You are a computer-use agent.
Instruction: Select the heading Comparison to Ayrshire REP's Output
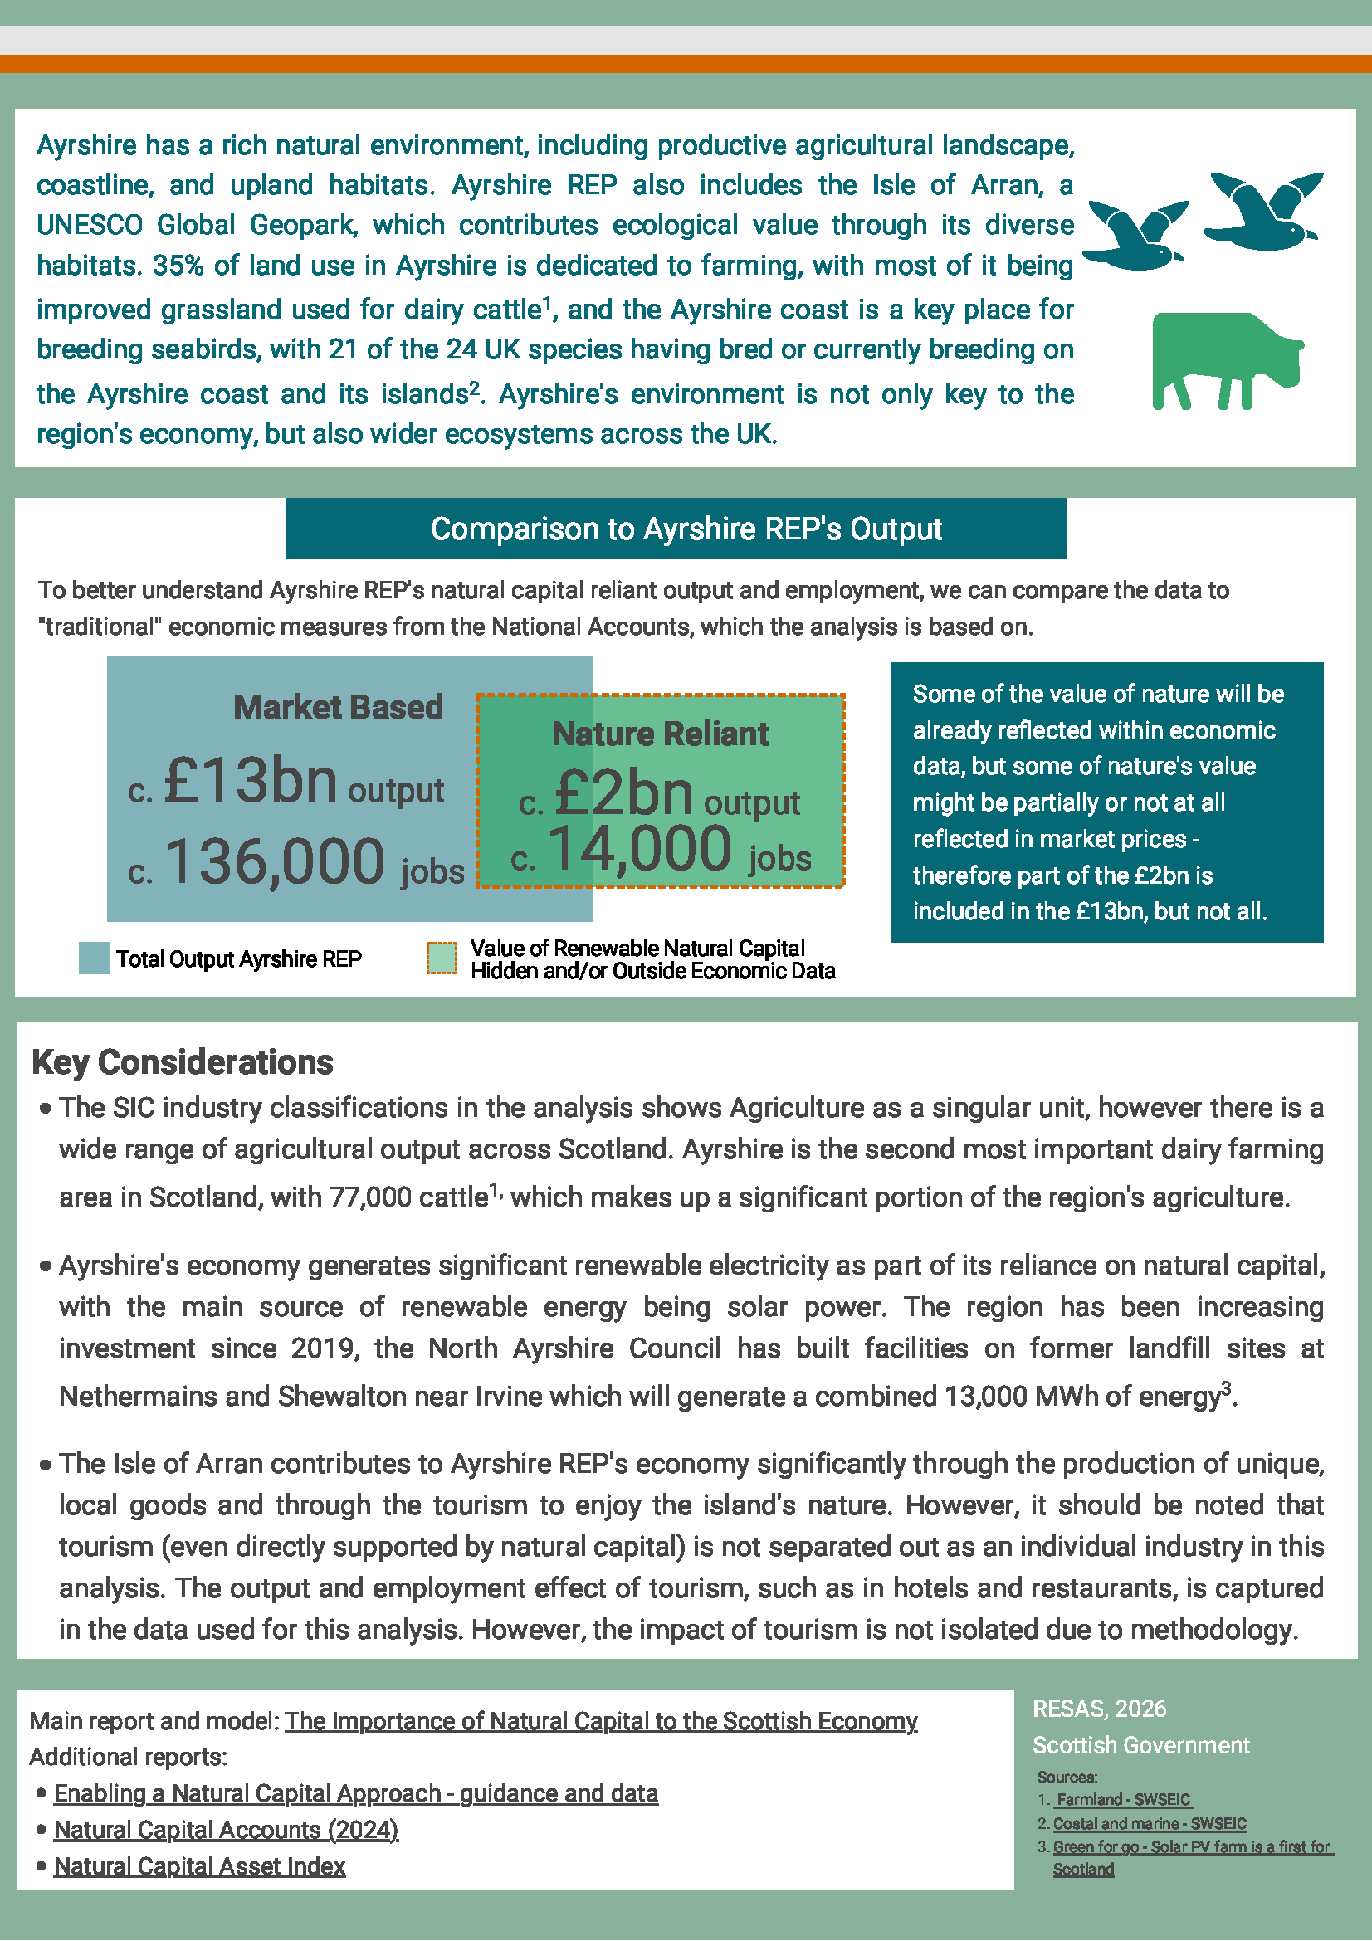[686, 529]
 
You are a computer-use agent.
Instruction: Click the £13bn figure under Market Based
[250, 780]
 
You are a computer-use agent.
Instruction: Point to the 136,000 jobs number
[275, 861]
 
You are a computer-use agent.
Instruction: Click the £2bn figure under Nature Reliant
[624, 794]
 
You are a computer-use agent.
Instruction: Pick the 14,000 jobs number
[639, 848]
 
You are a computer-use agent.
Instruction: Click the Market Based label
[338, 708]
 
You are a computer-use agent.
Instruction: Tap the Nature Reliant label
[660, 734]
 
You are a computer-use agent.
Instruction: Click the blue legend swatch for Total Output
[94, 958]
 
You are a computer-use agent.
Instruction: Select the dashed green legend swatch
[442, 958]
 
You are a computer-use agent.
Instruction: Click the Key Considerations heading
[183, 1063]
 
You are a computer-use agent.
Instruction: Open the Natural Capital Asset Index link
[199, 1865]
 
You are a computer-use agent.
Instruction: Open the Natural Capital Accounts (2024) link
[226, 1830]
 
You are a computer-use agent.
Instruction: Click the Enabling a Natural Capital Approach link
[356, 1793]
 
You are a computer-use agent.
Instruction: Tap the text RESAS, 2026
[1099, 1709]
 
